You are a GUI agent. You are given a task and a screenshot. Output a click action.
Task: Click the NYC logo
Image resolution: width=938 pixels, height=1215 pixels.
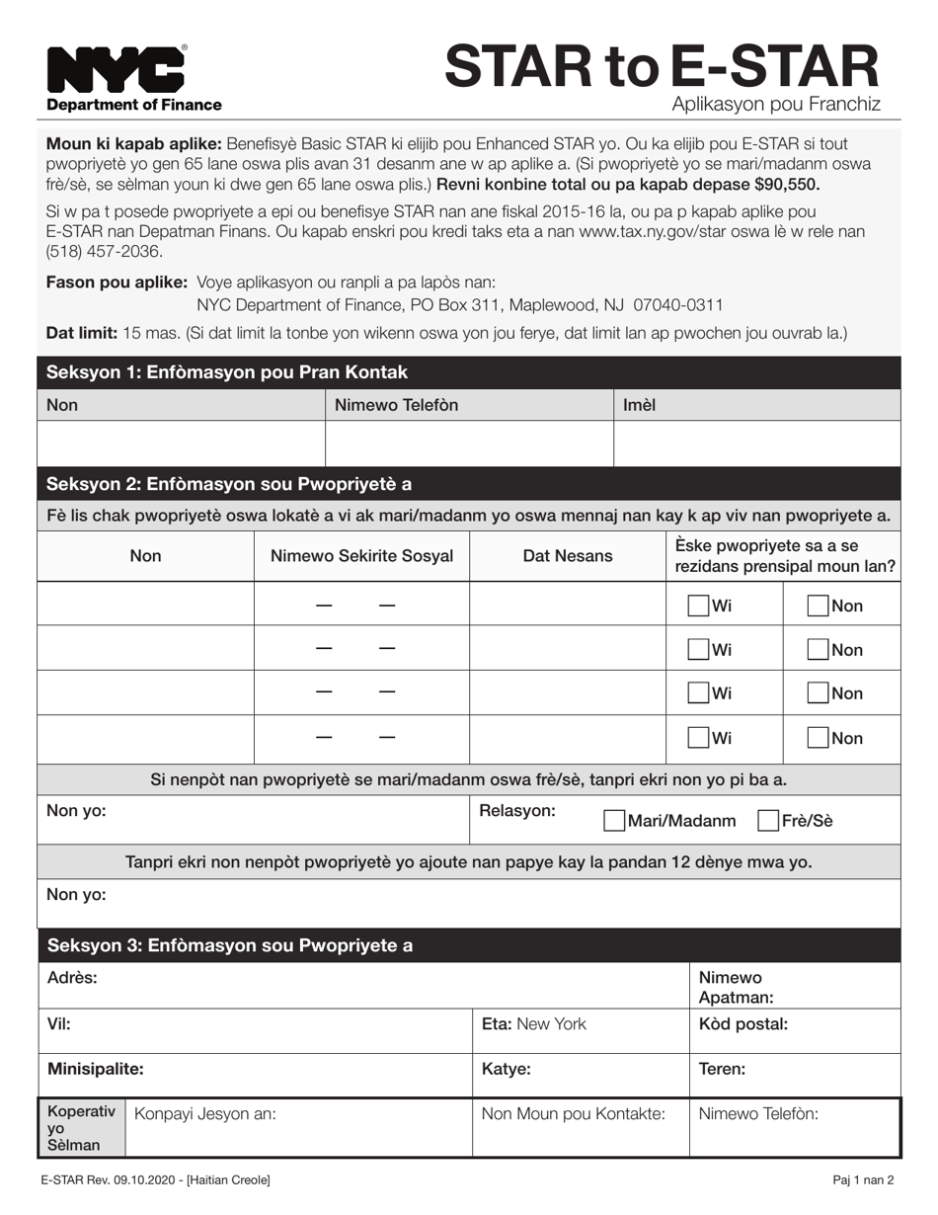[116, 69]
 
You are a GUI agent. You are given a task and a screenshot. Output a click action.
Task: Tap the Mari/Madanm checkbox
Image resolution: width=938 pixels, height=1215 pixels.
[614, 821]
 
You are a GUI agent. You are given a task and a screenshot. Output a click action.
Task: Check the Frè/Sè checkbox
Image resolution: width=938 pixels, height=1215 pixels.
[767, 821]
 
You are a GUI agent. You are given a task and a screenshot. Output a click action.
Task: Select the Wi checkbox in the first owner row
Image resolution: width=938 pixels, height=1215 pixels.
[698, 606]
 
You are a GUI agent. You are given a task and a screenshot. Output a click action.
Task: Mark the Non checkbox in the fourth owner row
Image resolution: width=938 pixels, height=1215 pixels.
[818, 738]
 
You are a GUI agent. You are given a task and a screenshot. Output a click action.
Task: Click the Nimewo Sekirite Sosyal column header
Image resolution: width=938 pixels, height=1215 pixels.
[361, 556]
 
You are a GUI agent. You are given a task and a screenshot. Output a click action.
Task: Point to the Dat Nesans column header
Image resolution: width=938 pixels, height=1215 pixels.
[568, 556]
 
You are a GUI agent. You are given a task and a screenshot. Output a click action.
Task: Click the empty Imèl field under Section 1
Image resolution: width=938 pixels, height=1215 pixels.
[757, 444]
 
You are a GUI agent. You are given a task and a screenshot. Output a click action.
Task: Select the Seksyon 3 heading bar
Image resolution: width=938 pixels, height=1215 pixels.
[469, 945]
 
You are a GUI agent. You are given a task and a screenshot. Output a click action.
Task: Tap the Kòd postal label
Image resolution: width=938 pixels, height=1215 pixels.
[743, 1024]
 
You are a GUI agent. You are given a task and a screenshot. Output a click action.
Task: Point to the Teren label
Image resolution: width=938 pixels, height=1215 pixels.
[722, 1069]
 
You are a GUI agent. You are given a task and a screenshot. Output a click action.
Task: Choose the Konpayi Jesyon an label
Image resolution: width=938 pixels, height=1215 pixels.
[204, 1114]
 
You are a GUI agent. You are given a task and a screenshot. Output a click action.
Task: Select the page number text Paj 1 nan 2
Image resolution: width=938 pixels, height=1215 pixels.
[862, 1179]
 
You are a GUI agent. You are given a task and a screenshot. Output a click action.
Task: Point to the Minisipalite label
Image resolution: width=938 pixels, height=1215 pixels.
[96, 1069]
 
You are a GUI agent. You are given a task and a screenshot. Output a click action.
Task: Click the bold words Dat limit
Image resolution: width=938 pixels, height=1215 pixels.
[82, 333]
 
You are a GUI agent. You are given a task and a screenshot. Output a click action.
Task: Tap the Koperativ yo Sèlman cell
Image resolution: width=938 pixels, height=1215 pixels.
[81, 1127]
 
